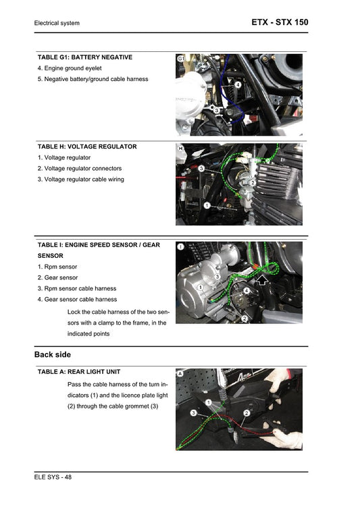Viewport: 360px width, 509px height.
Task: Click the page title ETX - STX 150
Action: click(x=280, y=22)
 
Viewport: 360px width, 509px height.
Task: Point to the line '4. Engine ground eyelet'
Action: click(x=71, y=69)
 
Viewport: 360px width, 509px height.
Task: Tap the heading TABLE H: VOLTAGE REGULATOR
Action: click(x=87, y=146)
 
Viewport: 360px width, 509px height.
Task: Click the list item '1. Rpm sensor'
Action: click(x=57, y=267)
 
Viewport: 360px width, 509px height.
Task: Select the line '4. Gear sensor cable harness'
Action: click(x=77, y=299)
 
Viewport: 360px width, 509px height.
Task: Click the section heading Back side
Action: click(x=53, y=354)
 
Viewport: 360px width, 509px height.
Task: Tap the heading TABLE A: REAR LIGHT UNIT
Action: click(x=84, y=372)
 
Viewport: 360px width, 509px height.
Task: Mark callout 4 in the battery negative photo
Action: click(x=238, y=86)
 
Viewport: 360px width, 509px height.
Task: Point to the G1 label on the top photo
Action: click(x=181, y=60)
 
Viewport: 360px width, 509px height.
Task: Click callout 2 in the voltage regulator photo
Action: click(x=252, y=182)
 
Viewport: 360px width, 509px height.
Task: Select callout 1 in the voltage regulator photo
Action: click(x=207, y=205)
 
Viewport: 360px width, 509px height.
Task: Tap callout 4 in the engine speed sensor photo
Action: click(x=247, y=290)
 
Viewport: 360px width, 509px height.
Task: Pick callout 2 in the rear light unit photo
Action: click(x=247, y=412)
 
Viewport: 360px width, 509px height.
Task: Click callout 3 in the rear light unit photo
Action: click(x=193, y=412)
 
